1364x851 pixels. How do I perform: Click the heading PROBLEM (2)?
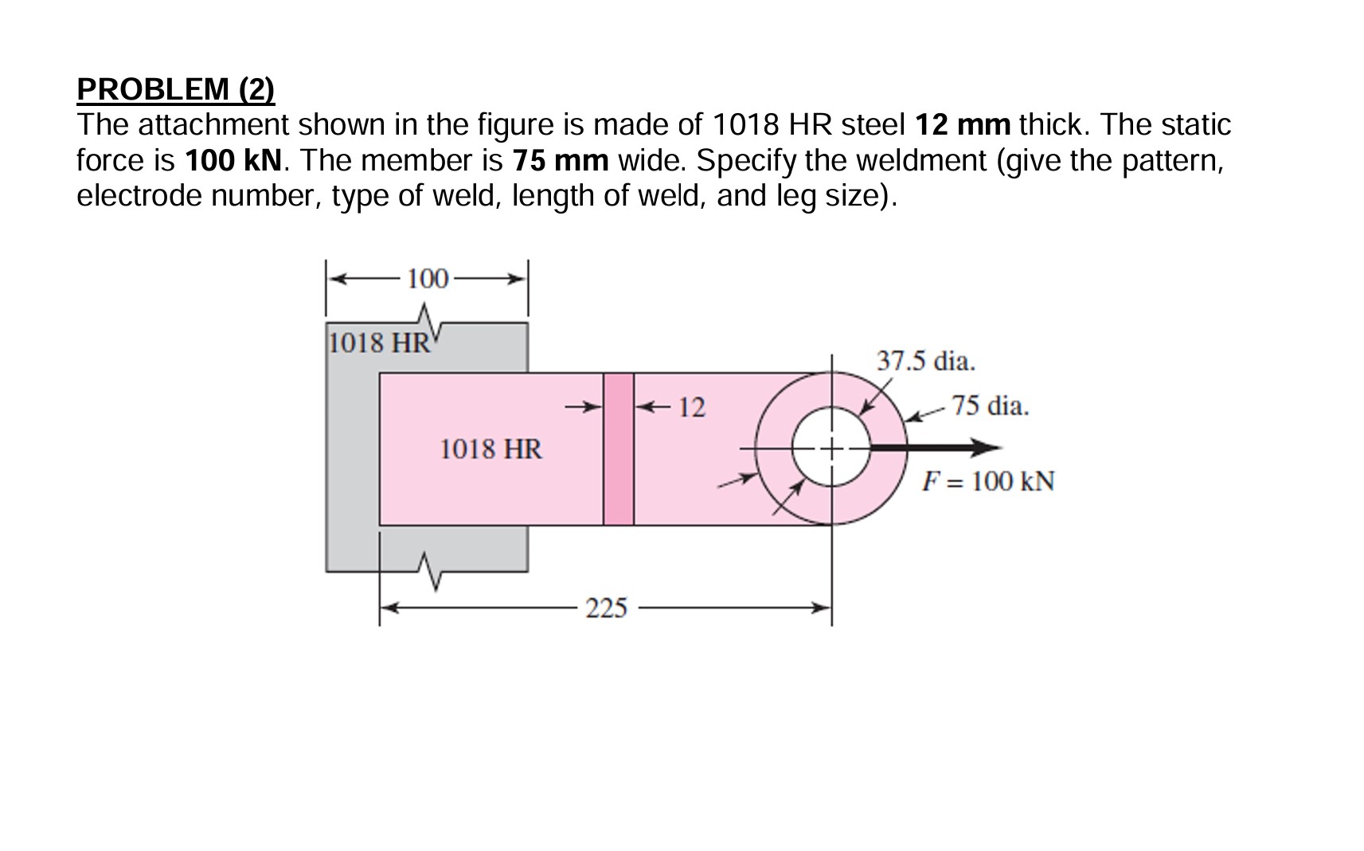tap(175, 88)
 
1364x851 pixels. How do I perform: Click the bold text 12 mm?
tap(962, 125)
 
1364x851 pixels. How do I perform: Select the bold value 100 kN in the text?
tap(233, 161)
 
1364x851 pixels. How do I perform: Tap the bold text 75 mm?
tap(560, 161)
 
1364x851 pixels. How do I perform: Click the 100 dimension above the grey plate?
tap(428, 279)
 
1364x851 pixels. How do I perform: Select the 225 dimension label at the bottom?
tap(606, 609)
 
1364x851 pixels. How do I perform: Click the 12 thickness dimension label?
tap(691, 408)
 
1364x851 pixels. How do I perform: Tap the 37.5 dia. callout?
tap(925, 361)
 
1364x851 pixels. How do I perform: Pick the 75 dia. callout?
tap(990, 406)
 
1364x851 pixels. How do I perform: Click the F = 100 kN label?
tap(987, 481)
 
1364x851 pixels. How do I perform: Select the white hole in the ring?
tap(831, 449)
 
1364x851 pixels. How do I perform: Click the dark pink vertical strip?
tap(618, 449)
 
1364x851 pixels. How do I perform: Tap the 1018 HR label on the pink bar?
tap(490, 449)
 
